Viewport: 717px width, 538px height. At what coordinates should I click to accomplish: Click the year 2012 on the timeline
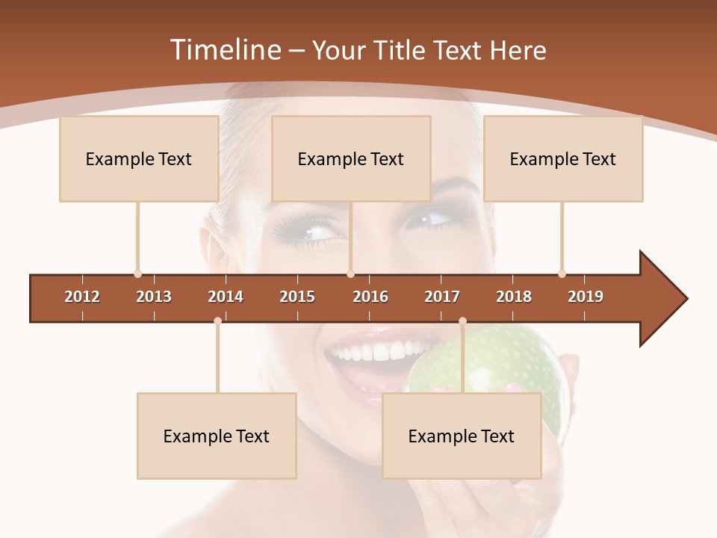[x=82, y=297]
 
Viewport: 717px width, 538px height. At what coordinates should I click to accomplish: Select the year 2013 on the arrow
[x=154, y=297]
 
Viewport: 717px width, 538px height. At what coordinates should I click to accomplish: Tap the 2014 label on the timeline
[x=226, y=297]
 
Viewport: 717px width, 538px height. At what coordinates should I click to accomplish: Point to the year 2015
[x=297, y=297]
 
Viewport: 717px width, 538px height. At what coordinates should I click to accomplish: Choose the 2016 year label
[x=370, y=297]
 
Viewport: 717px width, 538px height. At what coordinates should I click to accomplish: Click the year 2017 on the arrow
[x=442, y=297]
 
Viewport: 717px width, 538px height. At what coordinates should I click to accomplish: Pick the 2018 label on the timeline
[x=514, y=297]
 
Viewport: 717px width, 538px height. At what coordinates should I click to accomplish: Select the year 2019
[x=586, y=297]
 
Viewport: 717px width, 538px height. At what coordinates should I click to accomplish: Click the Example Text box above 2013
[x=139, y=158]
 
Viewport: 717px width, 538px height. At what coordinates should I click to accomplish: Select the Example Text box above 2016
[x=351, y=158]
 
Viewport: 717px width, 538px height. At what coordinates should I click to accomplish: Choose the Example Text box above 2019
[x=563, y=158]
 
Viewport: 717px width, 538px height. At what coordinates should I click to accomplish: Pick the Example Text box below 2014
[x=217, y=436]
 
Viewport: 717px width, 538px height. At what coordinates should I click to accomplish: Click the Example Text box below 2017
[x=462, y=436]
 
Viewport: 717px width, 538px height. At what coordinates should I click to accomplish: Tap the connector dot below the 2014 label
[x=217, y=321]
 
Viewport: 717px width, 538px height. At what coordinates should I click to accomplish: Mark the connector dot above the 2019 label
[x=562, y=273]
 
